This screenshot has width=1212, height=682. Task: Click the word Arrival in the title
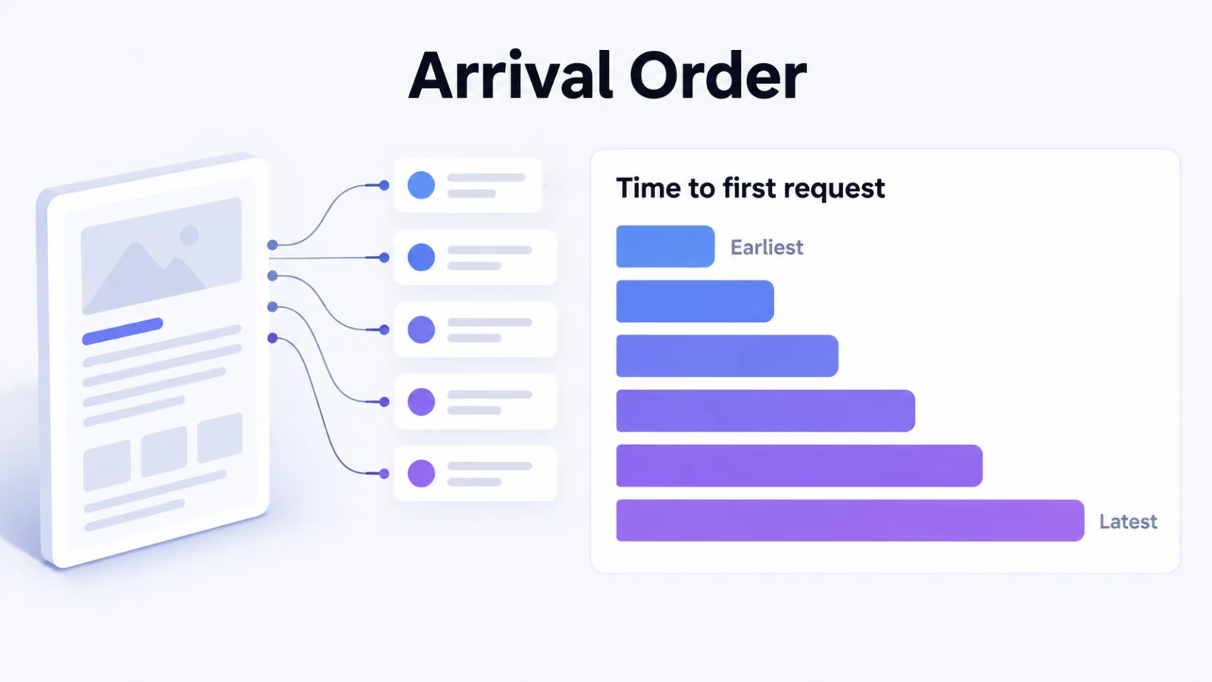[511, 75]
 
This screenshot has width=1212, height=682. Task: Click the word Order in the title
[718, 75]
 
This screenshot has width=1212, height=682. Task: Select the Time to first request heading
[751, 188]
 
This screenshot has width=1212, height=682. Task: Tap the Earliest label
[767, 247]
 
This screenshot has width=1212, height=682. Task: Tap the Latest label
[1128, 521]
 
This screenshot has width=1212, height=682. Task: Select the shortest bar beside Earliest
[665, 246]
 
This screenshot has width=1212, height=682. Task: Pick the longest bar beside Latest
[850, 520]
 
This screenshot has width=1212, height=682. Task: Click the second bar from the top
[695, 301]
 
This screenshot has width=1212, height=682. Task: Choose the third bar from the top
[727, 355]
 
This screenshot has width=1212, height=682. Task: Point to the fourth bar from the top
[766, 410]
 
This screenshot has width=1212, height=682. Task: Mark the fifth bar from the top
[799, 465]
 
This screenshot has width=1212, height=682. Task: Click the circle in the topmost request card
[421, 185]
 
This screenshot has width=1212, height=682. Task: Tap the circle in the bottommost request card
[421, 474]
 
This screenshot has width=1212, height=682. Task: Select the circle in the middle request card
[421, 330]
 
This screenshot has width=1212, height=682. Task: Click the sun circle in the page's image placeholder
[189, 236]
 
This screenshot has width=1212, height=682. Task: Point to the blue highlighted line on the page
[122, 331]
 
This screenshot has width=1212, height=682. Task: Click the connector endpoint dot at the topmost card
[384, 185]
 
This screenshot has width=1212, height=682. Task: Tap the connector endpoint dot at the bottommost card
[384, 474]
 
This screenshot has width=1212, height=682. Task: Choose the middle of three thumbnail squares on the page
[164, 452]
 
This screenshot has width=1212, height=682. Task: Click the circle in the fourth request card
[421, 402]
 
